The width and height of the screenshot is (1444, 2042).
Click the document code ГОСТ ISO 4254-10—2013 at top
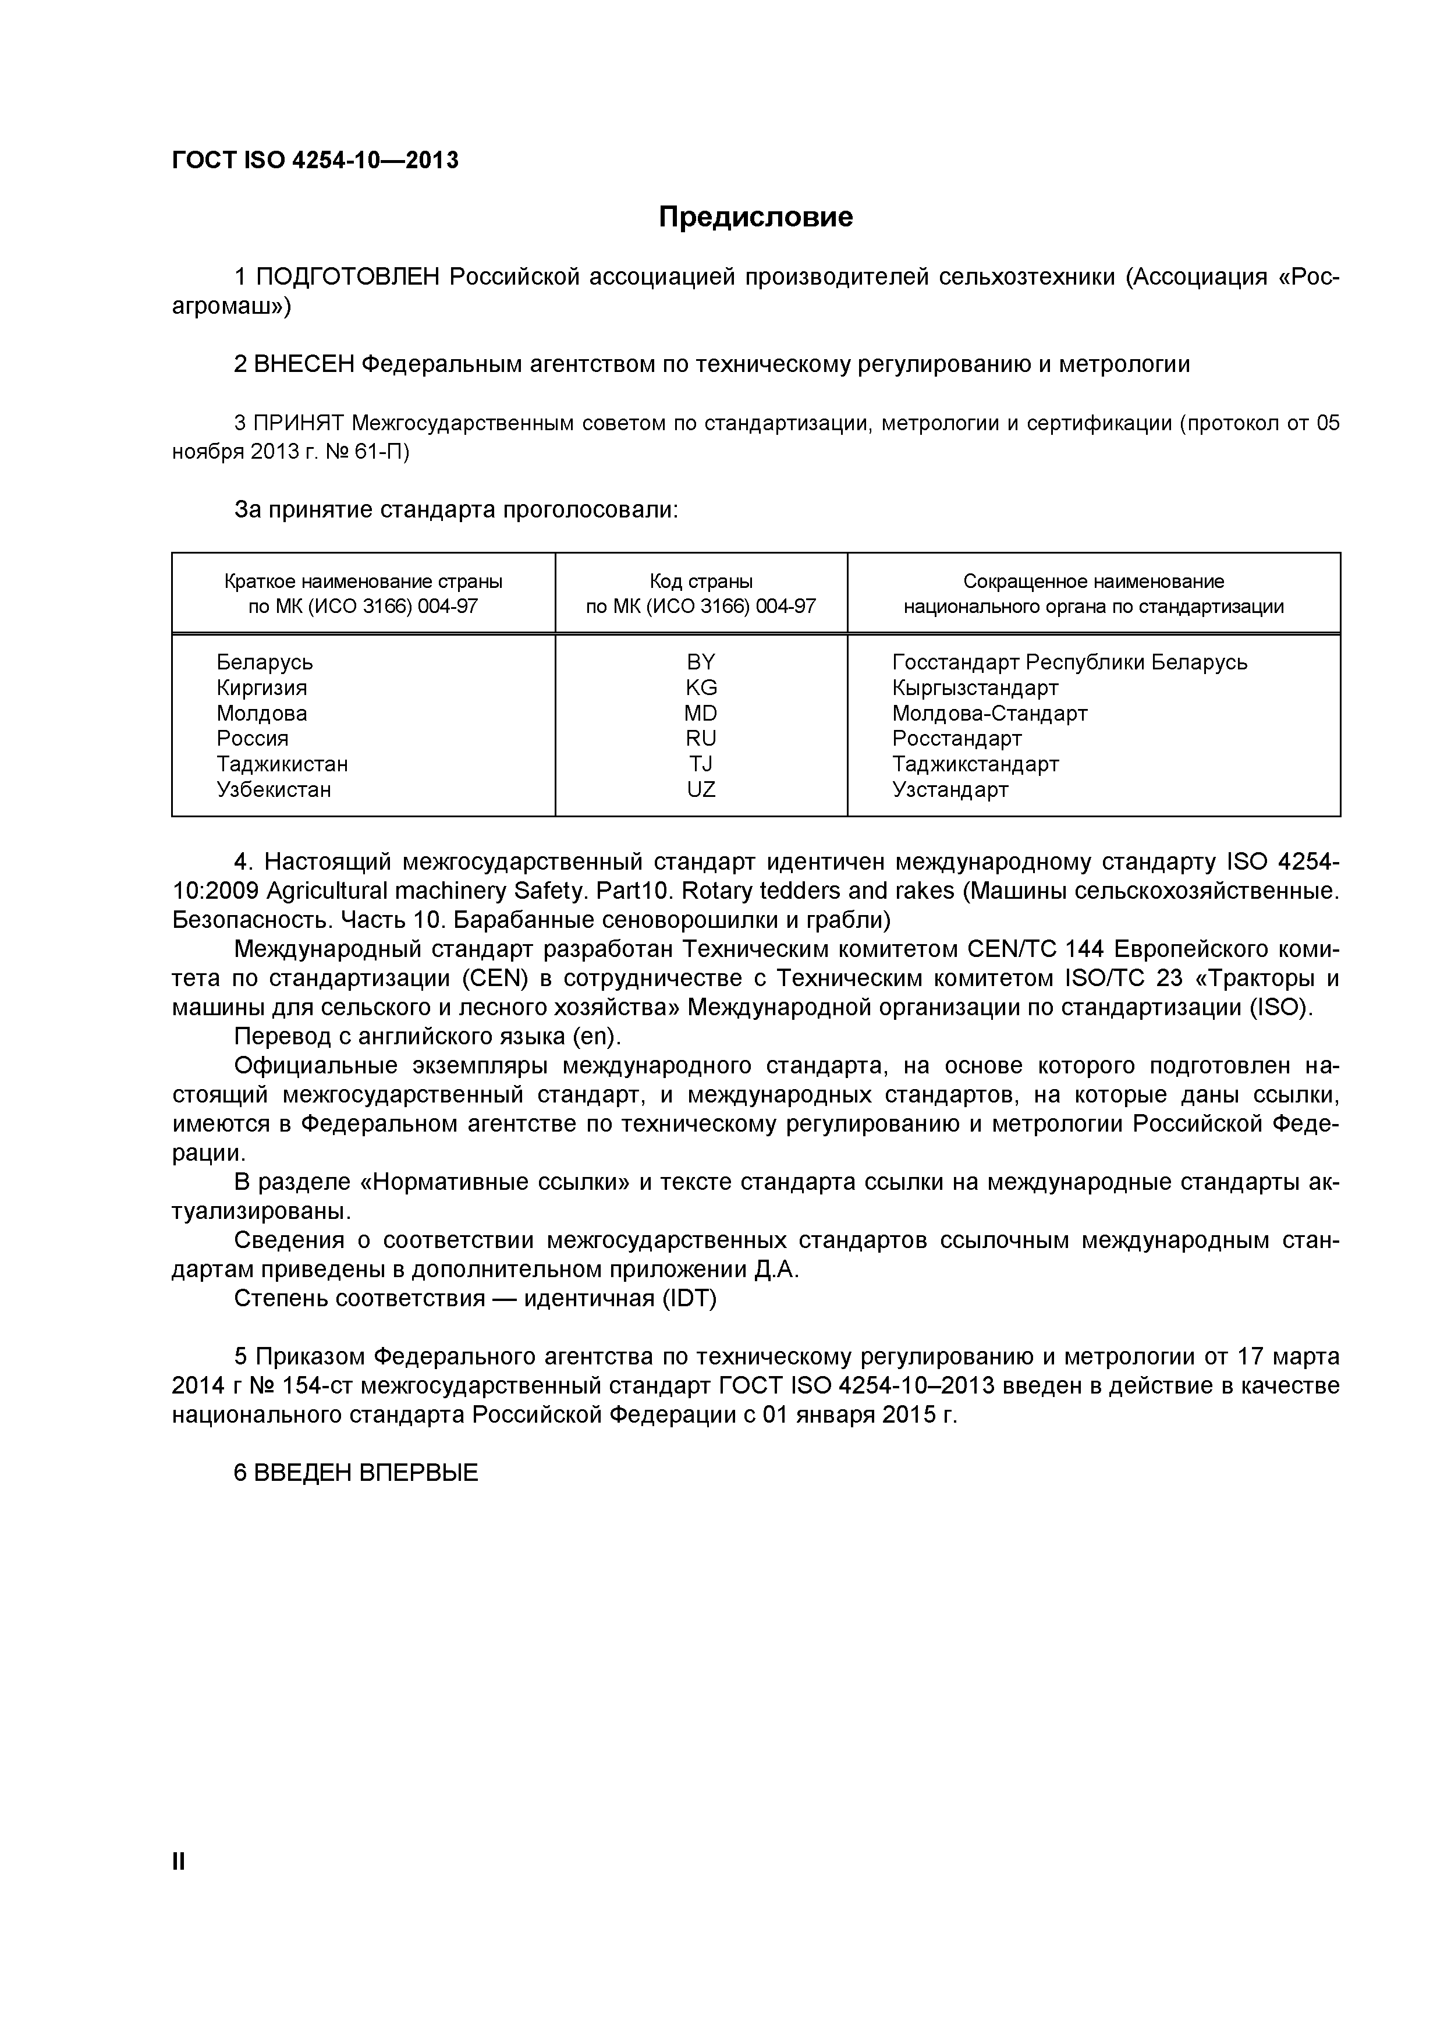point(315,160)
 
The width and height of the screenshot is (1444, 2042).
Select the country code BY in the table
point(701,662)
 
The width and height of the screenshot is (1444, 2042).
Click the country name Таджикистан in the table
point(282,764)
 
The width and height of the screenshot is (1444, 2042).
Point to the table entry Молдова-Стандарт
point(989,713)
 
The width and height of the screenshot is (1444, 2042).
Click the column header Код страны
point(701,581)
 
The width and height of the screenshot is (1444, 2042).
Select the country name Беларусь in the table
point(264,662)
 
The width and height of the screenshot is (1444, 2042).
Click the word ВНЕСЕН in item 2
point(303,364)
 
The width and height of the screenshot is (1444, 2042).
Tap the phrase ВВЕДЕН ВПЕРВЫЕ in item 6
point(366,1473)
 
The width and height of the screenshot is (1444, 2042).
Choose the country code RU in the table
point(701,738)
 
